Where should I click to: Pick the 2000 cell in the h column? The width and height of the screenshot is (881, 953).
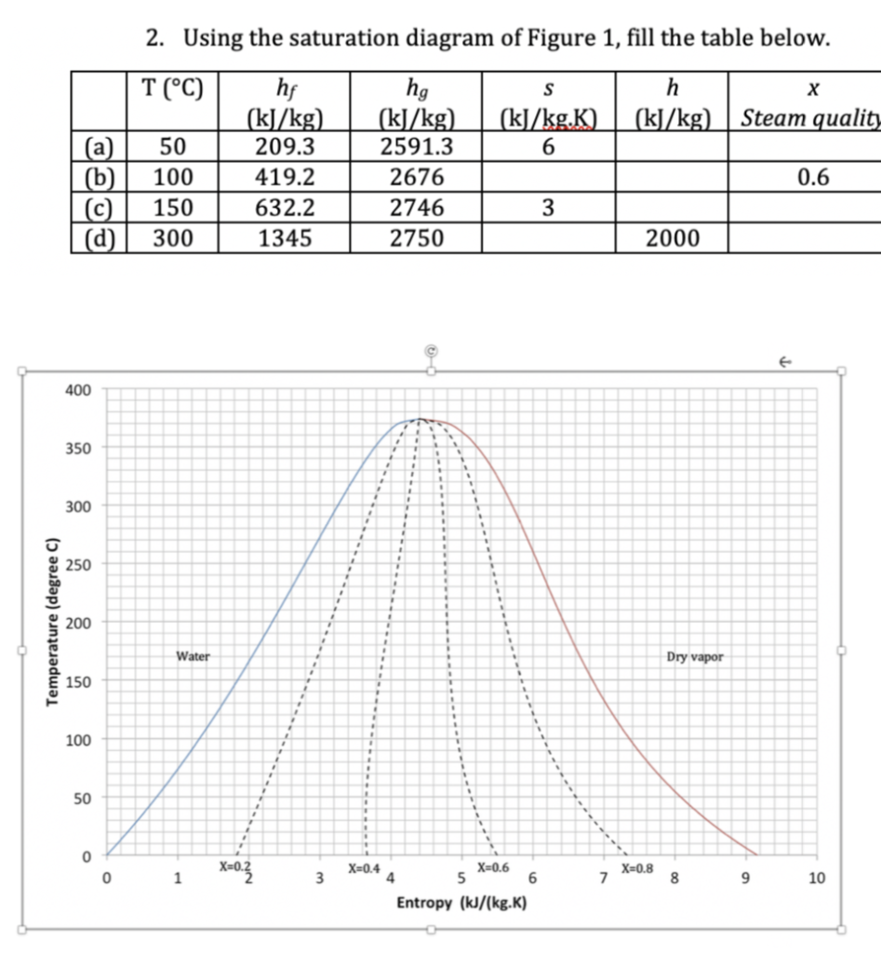(673, 238)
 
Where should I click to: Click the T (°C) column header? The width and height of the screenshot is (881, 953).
(174, 89)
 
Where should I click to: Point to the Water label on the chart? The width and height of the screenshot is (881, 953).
(193, 656)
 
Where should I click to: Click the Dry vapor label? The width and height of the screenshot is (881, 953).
(694, 656)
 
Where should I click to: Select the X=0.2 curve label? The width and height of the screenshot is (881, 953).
(234, 866)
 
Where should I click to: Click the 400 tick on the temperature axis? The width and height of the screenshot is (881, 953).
(78, 390)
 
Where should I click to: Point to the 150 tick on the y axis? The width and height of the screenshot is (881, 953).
(78, 681)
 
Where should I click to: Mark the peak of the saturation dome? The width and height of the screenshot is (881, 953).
(421, 419)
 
